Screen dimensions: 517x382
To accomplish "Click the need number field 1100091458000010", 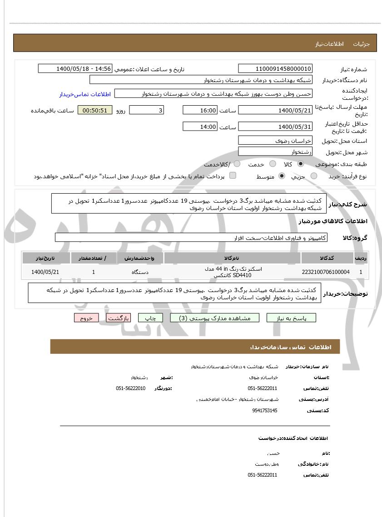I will tap(275, 68).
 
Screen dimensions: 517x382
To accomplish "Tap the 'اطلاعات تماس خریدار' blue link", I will tap(85, 94).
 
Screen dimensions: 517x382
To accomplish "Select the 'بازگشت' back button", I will tap(119, 318).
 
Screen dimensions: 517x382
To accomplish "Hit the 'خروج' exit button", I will tap(86, 318).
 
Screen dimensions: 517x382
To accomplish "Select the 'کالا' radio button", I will tap(301, 164).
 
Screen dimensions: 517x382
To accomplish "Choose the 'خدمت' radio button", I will tap(273, 164).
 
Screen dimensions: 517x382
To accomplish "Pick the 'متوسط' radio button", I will tap(282, 176).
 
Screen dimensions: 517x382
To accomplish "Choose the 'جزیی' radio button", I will tap(314, 176).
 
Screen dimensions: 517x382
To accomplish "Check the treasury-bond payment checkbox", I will tap(233, 176).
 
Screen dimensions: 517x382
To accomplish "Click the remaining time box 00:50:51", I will tap(95, 110).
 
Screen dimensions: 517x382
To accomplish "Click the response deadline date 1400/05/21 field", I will tap(275, 110).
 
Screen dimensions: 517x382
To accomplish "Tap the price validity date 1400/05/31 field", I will tap(275, 127).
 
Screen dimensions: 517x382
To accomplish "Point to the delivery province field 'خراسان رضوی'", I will tap(275, 141).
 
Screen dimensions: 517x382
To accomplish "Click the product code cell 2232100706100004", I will tap(325, 272).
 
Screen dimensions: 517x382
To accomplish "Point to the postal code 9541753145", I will tap(264, 410).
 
